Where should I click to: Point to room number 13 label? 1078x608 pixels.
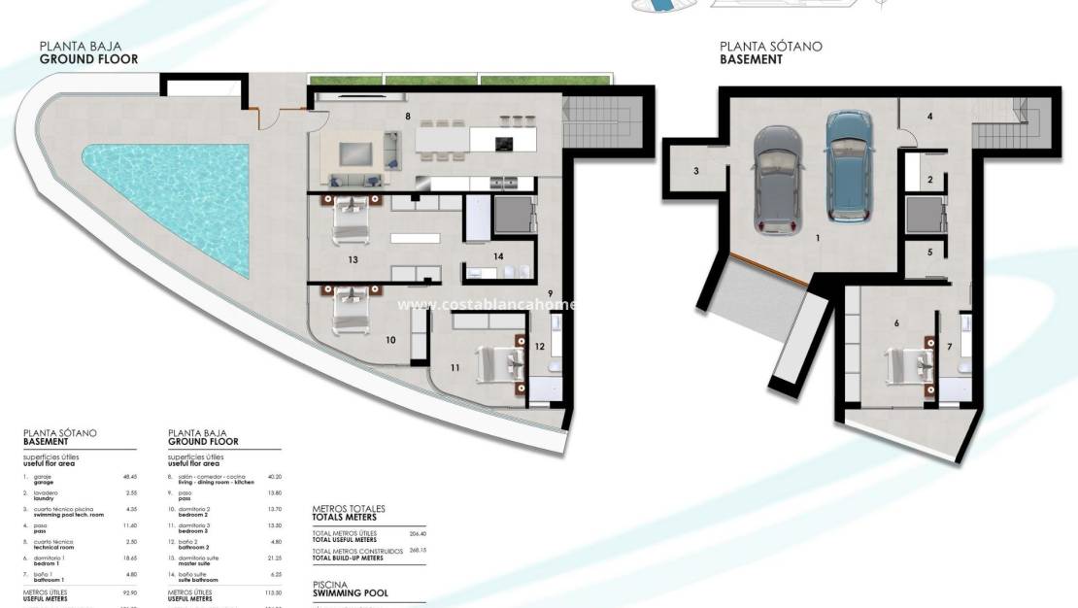354,259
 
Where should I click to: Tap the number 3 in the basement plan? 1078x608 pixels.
696,172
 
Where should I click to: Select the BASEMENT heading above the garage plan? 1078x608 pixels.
751,58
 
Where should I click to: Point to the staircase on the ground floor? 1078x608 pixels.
595,121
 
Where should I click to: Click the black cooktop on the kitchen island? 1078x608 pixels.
504,144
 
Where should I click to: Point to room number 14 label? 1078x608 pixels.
497,255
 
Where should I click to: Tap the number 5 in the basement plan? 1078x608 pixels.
929,253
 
